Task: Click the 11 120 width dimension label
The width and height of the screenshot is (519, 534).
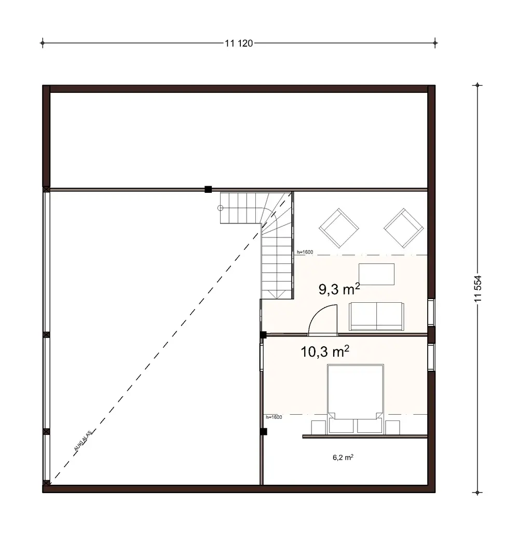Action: click(x=239, y=44)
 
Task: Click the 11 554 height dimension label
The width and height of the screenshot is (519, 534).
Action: click(x=478, y=291)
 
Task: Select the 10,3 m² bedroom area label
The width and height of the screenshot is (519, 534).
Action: click(x=325, y=353)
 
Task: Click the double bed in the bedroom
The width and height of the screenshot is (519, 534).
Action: click(x=355, y=391)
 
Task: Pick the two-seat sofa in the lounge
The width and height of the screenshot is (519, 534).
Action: click(x=376, y=316)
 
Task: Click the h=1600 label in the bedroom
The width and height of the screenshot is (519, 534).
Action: click(x=273, y=417)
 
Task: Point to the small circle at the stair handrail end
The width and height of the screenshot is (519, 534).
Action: click(x=220, y=208)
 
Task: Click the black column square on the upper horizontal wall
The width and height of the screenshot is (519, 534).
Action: click(x=208, y=189)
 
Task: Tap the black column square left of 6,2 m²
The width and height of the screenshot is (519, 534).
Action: click(x=264, y=431)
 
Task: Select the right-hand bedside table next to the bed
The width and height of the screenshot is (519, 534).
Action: click(x=393, y=427)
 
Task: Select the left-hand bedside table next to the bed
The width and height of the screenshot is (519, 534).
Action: click(x=318, y=427)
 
